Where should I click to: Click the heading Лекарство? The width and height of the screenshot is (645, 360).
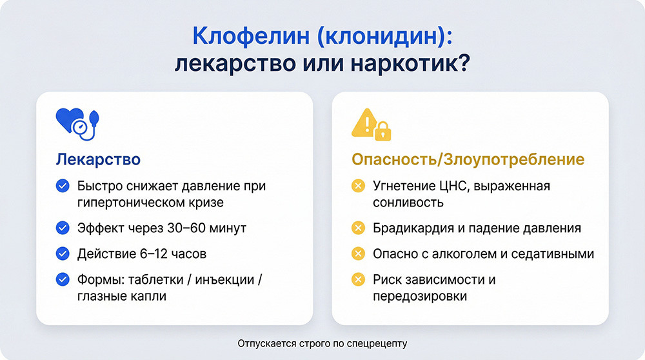98,159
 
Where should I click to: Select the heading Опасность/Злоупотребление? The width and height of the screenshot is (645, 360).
468,159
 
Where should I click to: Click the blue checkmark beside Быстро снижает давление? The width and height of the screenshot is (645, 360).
63,186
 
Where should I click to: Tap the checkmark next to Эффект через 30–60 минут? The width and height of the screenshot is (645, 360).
63,228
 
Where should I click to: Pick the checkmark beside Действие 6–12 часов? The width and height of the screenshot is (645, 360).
63,254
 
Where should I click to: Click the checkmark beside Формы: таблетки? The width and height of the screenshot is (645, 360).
63,280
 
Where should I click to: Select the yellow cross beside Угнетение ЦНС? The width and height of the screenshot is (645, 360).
358,186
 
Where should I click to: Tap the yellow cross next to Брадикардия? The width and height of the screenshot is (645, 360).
358,228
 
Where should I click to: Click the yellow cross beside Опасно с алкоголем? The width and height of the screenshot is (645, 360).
358,254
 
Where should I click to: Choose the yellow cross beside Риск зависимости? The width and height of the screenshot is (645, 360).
358,280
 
